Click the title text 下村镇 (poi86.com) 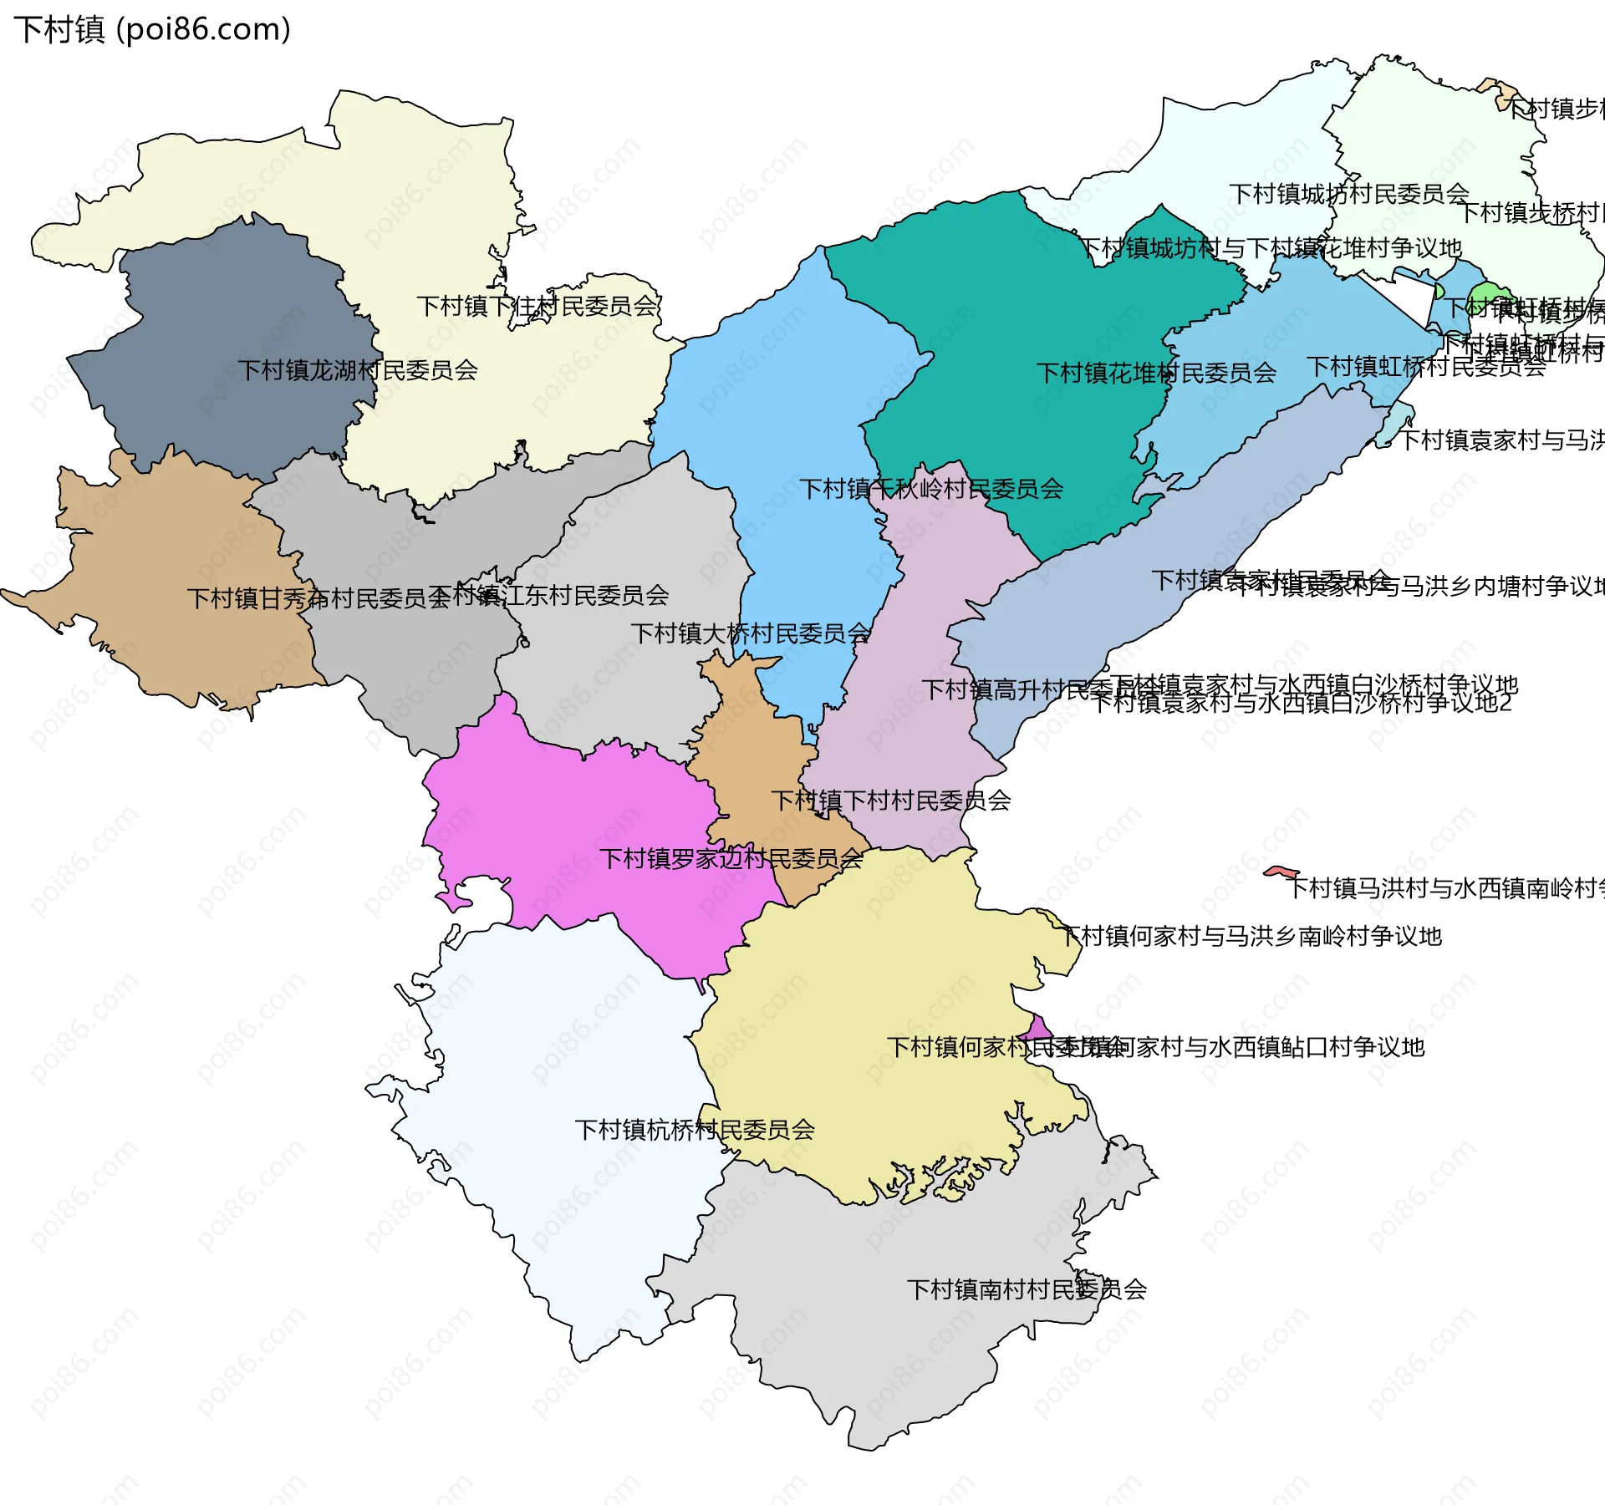[152, 30]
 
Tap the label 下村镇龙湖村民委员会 [357, 370]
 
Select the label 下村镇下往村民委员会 [537, 307]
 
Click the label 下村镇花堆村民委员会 [1155, 374]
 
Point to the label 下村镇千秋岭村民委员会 [930, 490]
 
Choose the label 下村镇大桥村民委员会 [750, 634]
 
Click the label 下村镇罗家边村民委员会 [731, 859]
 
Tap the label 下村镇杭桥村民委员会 [694, 1131]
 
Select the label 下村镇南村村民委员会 [1026, 1290]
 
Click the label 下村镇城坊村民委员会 [1348, 195]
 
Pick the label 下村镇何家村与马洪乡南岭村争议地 [1251, 937]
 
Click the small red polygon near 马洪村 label [1280, 872]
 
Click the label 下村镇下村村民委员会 [890, 801]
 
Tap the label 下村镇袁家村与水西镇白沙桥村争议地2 [1301, 704]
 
